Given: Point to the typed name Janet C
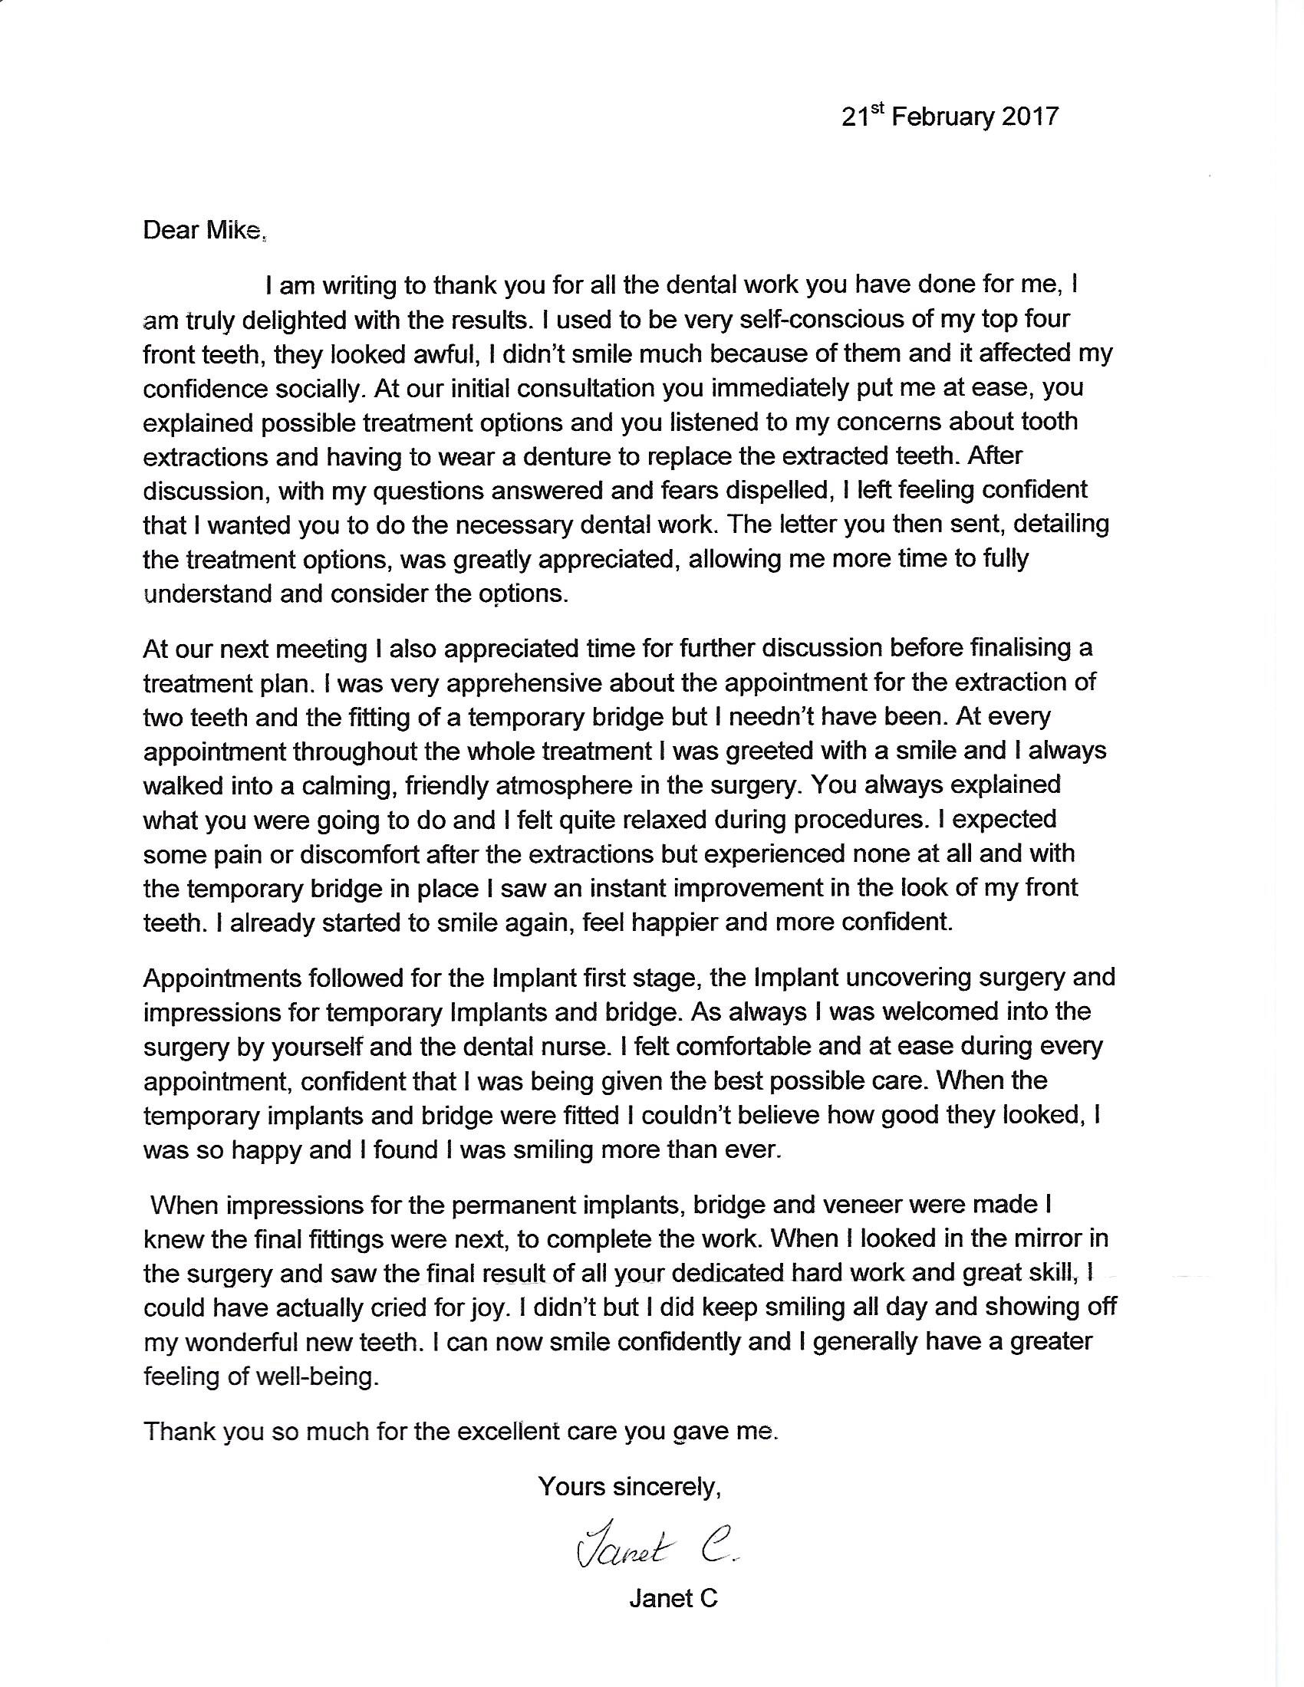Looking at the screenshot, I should [x=673, y=1598].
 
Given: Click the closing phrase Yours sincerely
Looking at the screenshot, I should [x=630, y=1486].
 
